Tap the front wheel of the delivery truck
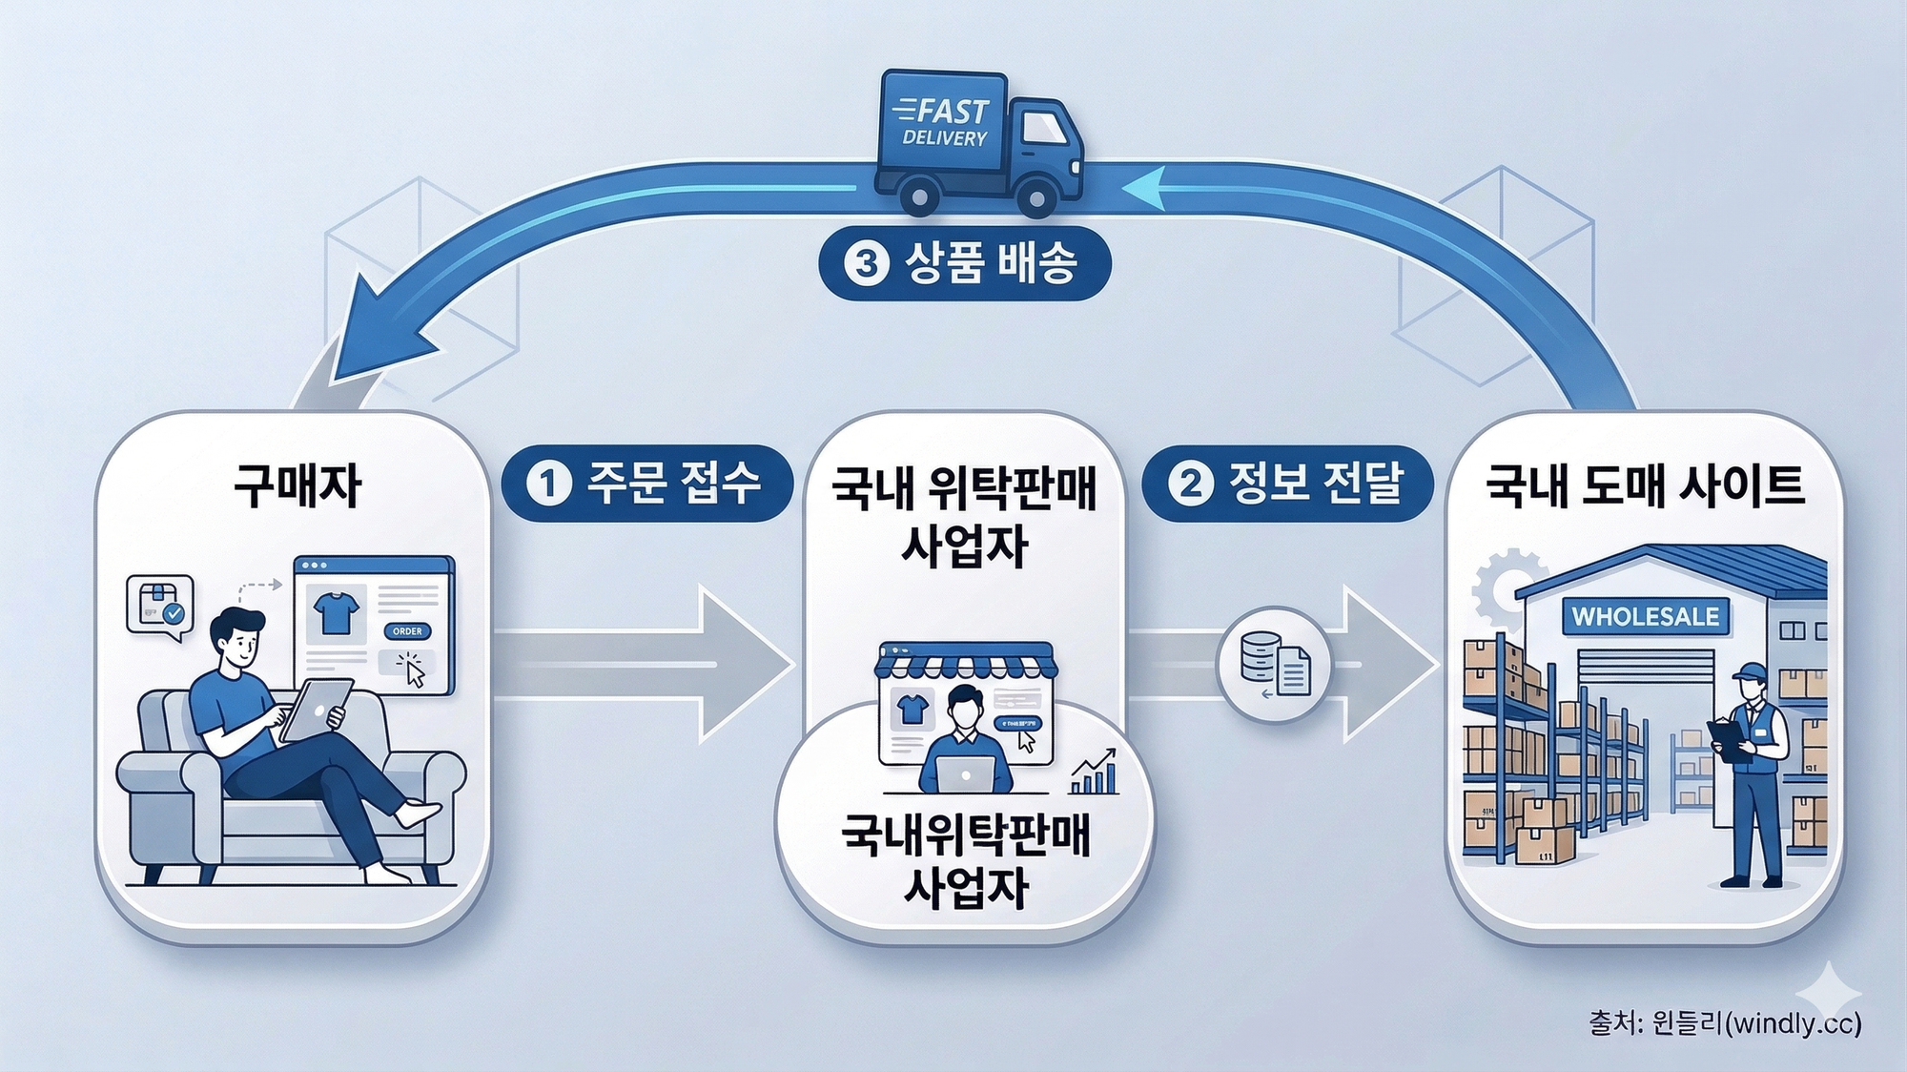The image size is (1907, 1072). [x=1035, y=198]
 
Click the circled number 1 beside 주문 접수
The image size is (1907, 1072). [x=548, y=483]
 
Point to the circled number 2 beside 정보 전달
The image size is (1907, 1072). [x=1190, y=483]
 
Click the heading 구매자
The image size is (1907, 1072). [x=297, y=486]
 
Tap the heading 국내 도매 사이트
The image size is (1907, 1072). [x=1645, y=486]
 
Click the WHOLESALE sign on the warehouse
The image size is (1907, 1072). [x=1645, y=617]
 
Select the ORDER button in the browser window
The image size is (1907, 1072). [x=407, y=631]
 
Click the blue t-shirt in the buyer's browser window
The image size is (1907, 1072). [x=336, y=612]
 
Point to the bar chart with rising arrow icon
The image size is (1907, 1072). [x=1095, y=773]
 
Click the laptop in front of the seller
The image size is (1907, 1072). [x=966, y=773]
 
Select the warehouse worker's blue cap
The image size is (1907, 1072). [x=1750, y=671]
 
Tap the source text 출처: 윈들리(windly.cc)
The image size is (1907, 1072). [x=1724, y=1023]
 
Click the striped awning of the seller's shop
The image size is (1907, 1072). [x=966, y=664]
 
